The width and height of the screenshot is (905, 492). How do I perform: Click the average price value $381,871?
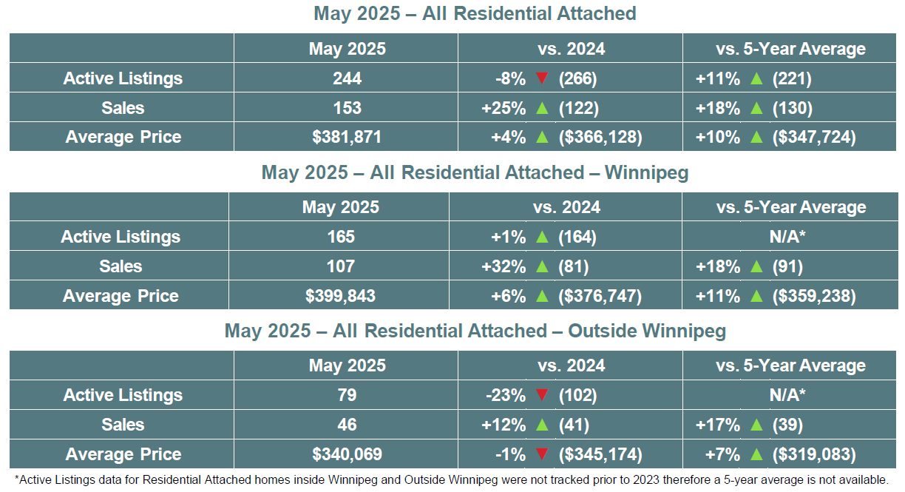tap(347, 137)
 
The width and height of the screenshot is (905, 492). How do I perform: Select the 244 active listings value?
tap(347, 78)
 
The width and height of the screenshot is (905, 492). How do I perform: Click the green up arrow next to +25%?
tap(542, 108)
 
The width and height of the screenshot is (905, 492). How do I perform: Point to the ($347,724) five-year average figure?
tap(814, 137)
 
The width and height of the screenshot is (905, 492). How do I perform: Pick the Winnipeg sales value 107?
tap(340, 266)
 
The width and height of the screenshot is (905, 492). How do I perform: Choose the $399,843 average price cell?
tap(340, 296)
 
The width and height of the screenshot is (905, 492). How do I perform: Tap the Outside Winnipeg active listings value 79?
tap(347, 395)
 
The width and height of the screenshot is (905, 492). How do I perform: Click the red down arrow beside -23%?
tap(542, 395)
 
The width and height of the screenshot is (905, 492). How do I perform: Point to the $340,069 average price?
tap(347, 454)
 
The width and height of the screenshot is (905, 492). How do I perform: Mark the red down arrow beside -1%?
tap(542, 454)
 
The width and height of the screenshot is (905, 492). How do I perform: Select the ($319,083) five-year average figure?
tap(814, 454)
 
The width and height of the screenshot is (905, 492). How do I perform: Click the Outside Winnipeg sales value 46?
tap(347, 425)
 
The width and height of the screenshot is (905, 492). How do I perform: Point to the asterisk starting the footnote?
tap(16, 478)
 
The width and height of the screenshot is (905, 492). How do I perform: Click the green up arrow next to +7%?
tap(756, 454)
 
